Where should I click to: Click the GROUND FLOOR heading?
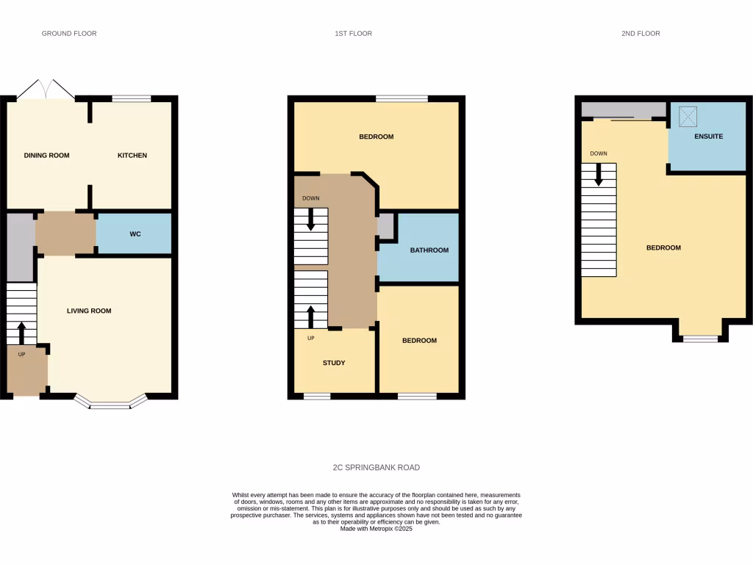[x=69, y=34]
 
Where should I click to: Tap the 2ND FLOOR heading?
[x=640, y=34]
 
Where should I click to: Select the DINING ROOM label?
[x=47, y=156]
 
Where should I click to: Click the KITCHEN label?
[x=133, y=156]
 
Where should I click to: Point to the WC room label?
[x=135, y=234]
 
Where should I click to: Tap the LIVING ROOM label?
[x=89, y=311]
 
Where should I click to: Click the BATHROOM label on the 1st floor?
[x=429, y=250]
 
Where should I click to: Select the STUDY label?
[x=334, y=363]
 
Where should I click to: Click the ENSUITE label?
[x=708, y=137]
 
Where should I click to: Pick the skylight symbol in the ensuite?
[x=688, y=115]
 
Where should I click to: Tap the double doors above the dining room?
[x=46, y=90]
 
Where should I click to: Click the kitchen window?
[x=132, y=98]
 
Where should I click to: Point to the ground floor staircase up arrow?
[x=21, y=332]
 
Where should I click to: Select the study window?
[x=317, y=397]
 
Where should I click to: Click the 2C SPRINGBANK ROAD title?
[x=376, y=468]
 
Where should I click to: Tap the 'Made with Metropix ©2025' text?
[x=376, y=529]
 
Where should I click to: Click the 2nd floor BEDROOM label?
[x=663, y=248]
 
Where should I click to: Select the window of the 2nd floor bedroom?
[x=700, y=339]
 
